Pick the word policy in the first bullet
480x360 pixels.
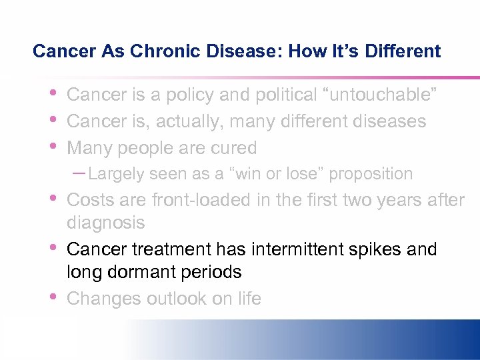[x=190, y=95]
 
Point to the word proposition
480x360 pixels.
[x=370, y=174]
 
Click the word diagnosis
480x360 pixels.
[x=106, y=223]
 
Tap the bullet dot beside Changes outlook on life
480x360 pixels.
[x=53, y=297]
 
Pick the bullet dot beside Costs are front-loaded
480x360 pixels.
[x=53, y=198]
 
